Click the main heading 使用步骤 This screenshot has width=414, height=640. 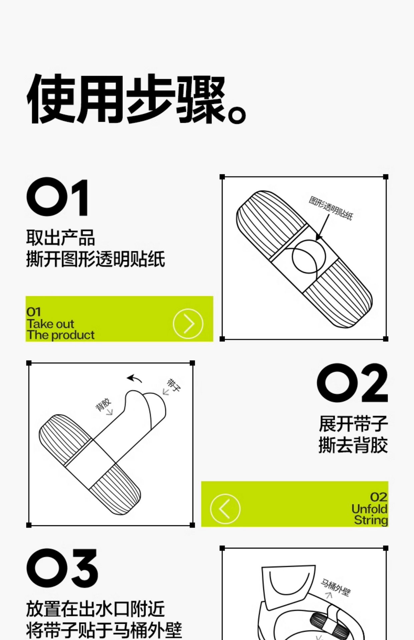[127, 99]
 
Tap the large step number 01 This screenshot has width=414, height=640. [58, 197]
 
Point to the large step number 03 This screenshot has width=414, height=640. [62, 568]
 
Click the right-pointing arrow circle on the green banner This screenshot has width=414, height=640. [188, 324]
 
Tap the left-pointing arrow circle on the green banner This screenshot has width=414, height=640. [225, 509]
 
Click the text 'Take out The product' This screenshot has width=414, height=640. [61, 329]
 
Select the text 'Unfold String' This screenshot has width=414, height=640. [370, 514]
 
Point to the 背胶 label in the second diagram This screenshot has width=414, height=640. [103, 404]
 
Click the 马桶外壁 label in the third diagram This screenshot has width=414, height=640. [335, 588]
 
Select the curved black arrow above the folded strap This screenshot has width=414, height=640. [134, 378]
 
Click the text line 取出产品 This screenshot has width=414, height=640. [60, 238]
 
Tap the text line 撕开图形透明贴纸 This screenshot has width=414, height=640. [95, 259]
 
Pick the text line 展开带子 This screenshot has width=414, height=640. [353, 424]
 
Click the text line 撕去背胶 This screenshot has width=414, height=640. [353, 445]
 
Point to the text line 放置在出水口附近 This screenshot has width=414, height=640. [95, 609]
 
